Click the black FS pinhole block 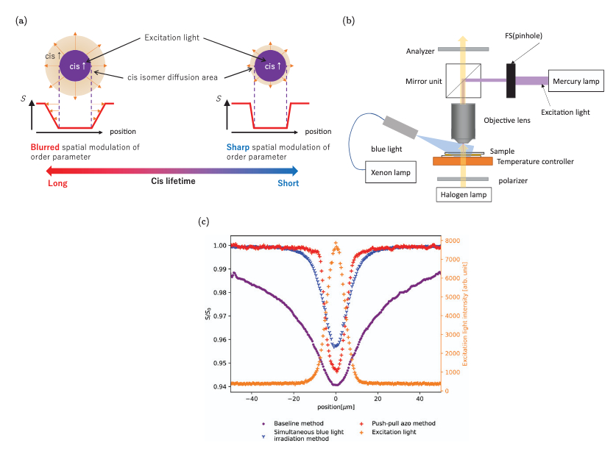click(x=510, y=79)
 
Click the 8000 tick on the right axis click(x=453, y=241)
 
